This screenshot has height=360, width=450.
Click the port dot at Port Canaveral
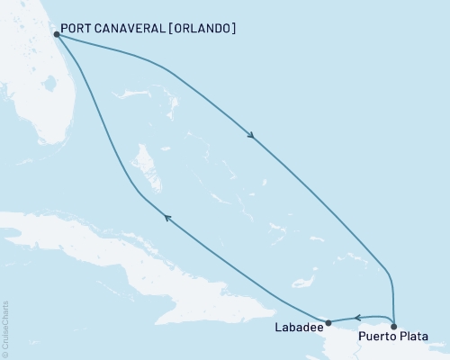click(x=57, y=34)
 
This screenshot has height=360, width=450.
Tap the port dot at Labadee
click(x=328, y=321)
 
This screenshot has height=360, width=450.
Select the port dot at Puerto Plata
click(x=394, y=321)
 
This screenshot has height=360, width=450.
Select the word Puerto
click(x=378, y=337)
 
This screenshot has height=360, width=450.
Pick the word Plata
click(x=415, y=337)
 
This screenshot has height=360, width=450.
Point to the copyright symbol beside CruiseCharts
click(x=5, y=355)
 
